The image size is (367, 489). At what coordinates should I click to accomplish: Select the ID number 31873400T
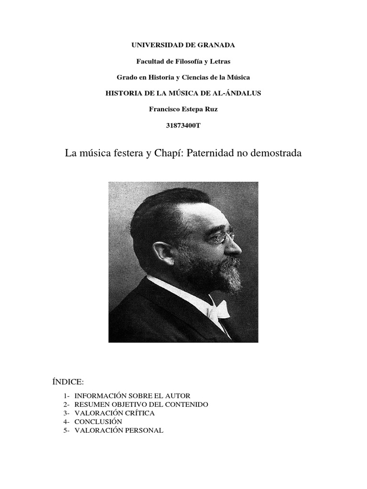point(183,125)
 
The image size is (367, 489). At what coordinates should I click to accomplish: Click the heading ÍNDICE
point(67,382)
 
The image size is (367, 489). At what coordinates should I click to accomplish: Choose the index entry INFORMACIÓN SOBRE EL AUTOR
point(132,396)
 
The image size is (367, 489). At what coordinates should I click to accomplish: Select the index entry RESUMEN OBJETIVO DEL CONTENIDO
point(141,404)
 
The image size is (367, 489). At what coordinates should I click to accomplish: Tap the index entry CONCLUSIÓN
point(98,422)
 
